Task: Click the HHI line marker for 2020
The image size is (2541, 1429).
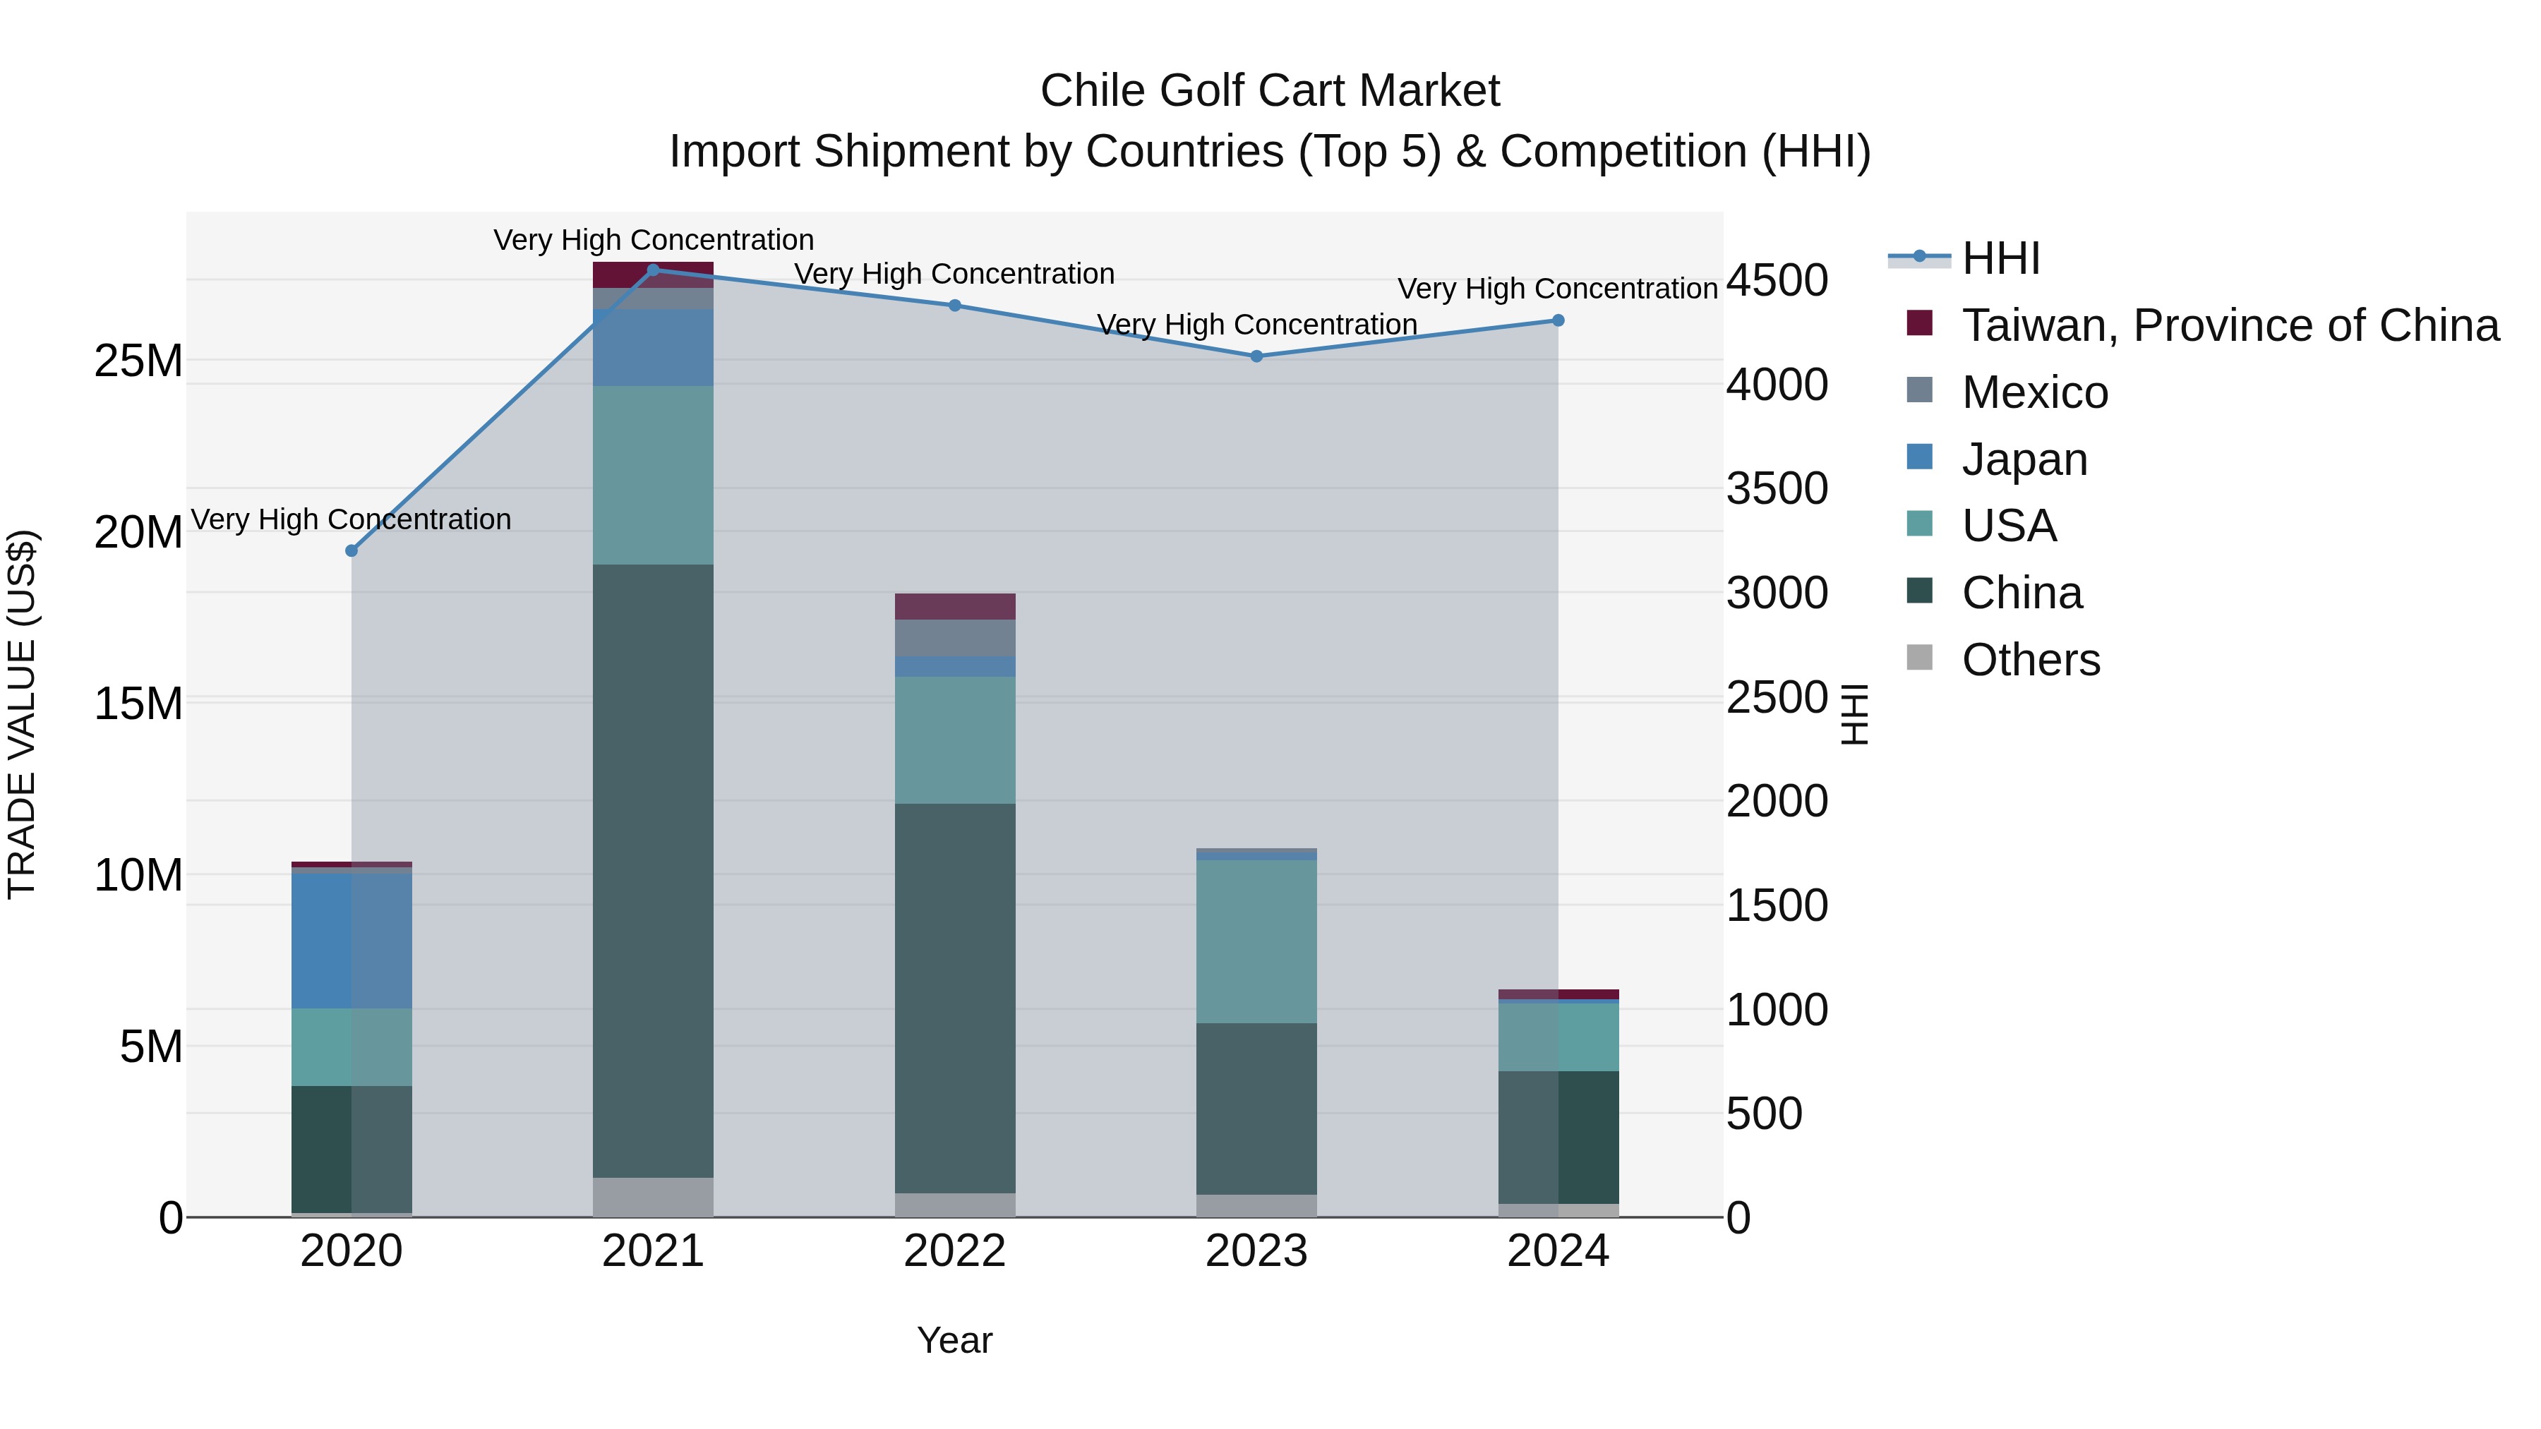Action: tap(352, 550)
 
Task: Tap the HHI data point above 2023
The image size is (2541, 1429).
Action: tap(1256, 356)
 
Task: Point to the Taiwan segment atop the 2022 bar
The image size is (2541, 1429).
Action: tap(955, 605)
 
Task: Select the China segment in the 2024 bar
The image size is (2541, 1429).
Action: tap(1558, 1136)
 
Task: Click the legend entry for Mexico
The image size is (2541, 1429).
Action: tap(2034, 392)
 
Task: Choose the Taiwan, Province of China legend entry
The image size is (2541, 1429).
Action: tap(2229, 325)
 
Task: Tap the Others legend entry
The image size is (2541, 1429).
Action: tap(2030, 660)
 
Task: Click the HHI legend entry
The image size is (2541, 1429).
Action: tap(2000, 258)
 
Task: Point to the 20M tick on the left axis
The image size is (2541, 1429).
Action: tap(138, 533)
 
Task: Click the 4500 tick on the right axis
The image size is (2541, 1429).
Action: tap(1777, 280)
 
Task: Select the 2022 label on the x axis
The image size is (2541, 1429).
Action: tap(955, 1251)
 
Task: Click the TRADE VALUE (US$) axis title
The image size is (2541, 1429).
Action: tap(22, 714)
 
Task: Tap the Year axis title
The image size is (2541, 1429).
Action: tap(955, 1340)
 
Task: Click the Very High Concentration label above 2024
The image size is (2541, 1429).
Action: tap(1558, 289)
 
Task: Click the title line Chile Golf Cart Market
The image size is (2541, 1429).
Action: tap(1270, 91)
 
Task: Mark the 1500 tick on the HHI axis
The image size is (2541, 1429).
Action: tap(1777, 905)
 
